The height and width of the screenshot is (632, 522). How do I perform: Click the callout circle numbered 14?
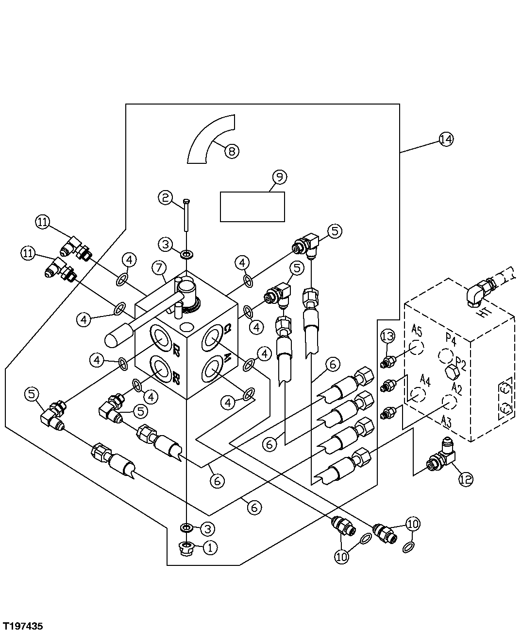[x=445, y=139]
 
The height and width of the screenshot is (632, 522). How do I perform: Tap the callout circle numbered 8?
[x=232, y=151]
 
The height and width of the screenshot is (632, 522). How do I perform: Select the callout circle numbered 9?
[x=279, y=177]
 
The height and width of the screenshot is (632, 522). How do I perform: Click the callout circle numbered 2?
[x=165, y=197]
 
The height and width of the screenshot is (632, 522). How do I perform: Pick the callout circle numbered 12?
[x=465, y=479]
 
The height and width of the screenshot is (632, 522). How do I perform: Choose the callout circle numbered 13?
[x=388, y=336]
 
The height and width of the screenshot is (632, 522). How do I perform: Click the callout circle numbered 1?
[x=210, y=547]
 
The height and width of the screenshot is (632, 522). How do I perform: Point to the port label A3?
[x=446, y=421]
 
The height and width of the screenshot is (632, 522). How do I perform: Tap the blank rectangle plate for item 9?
[x=253, y=207]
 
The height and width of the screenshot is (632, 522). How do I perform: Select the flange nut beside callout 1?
[x=186, y=548]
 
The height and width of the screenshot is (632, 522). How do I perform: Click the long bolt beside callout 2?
[x=185, y=215]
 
